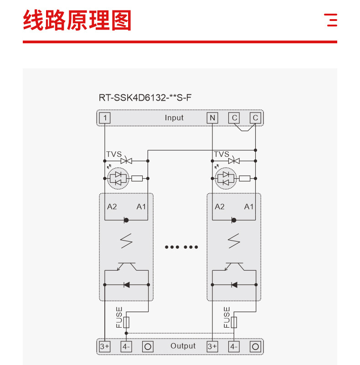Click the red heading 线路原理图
pos(77,21)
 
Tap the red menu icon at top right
pos(331,20)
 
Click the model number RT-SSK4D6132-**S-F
pos(145,97)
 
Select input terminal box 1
pos(105,118)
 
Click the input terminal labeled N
pos(212,118)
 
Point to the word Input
pos(174,118)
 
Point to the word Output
pos(183,346)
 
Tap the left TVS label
pos(114,154)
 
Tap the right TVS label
pos(221,154)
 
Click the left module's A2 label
pos(112,206)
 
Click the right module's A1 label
pos(249,206)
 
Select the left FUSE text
pos(119,317)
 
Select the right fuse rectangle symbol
pos(234,322)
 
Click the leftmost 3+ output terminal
pos(105,346)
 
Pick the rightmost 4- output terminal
pos(234,346)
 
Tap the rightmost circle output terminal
pos(256,346)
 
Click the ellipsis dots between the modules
pos(181,247)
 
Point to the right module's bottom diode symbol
pos(234,285)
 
